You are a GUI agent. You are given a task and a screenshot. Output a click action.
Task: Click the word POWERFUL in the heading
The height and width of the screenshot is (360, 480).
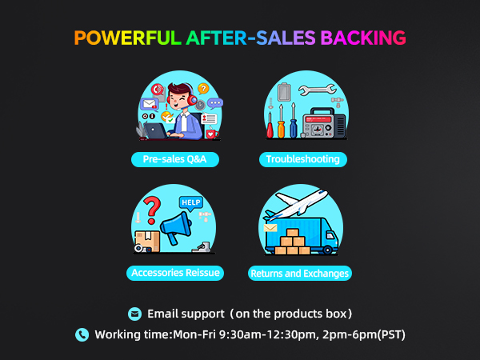tap(127, 38)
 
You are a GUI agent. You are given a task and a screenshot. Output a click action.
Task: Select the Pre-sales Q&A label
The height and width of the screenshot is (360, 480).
tap(175, 159)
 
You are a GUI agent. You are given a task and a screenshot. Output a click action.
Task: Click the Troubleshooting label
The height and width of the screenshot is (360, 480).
tap(303, 159)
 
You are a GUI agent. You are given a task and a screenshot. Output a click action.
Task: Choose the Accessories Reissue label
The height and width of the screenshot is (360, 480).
tap(175, 273)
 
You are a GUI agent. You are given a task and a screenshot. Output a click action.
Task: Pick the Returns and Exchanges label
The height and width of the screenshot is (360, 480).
tap(300, 274)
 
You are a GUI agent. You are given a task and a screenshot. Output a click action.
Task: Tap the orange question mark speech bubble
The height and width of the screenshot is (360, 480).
tap(203, 89)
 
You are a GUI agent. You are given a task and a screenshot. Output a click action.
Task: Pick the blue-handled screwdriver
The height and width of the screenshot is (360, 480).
tap(293, 123)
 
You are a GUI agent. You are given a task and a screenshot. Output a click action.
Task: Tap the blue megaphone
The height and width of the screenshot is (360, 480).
tap(177, 228)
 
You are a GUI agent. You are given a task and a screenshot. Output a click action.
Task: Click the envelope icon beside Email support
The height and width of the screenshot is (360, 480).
tap(134, 313)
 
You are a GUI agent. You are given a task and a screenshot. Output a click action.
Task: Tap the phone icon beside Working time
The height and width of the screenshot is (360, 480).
tap(82, 334)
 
